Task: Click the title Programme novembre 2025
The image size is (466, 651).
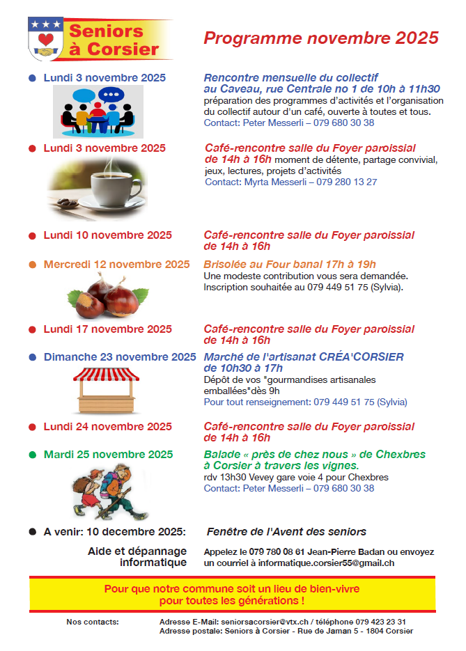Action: click(x=321, y=38)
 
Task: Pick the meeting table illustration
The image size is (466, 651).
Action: click(x=98, y=111)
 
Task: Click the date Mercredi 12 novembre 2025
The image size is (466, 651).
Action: click(x=116, y=265)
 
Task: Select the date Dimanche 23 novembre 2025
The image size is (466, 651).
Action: click(x=120, y=357)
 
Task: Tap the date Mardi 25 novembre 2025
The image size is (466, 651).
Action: click(x=108, y=455)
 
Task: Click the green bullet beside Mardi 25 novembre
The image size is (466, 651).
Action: click(x=32, y=455)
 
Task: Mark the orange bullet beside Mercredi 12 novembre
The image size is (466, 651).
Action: click(x=32, y=265)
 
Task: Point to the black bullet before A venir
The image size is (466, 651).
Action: click(x=32, y=532)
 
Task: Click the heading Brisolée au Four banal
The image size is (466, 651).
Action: click(x=289, y=265)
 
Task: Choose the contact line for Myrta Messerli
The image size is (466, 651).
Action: click(x=291, y=182)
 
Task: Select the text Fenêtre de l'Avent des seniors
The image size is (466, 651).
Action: click(x=286, y=532)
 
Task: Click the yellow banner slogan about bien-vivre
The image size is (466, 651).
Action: click(x=232, y=594)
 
